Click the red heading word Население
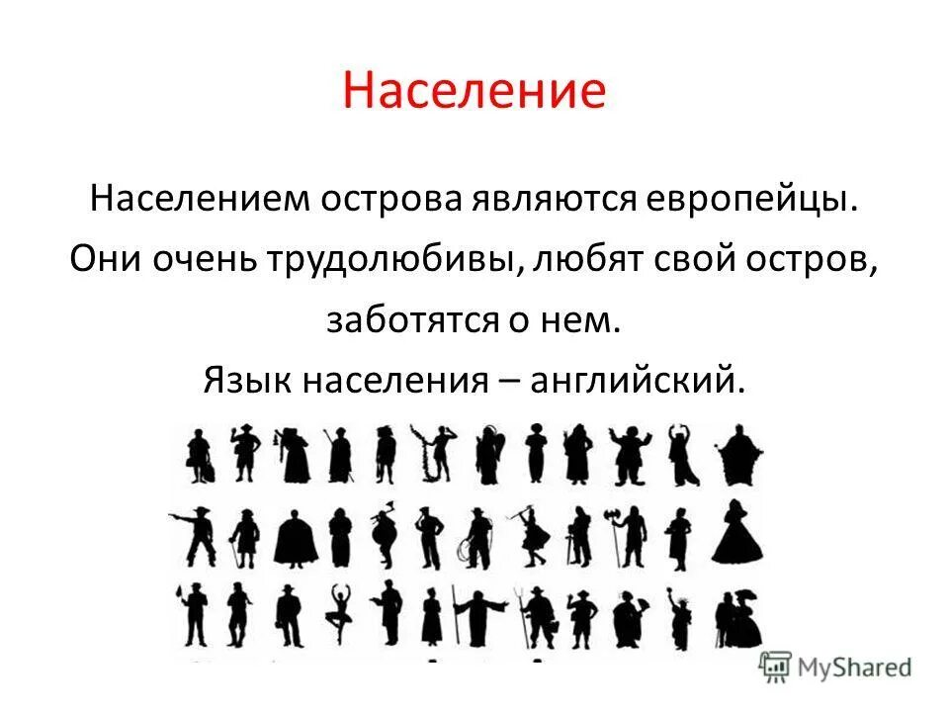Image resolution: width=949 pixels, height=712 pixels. (474, 91)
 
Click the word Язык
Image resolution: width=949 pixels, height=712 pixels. (247, 380)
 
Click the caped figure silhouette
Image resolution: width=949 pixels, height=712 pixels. (293, 538)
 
